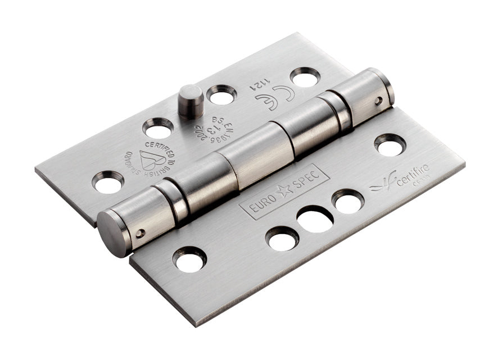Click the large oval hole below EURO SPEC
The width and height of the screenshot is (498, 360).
(315, 219)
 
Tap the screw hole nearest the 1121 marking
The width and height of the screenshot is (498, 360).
(305, 77)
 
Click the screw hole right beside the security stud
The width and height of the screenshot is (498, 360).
(221, 95)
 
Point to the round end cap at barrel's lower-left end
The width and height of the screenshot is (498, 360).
(113, 233)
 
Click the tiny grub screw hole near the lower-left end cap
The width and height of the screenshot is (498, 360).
(141, 232)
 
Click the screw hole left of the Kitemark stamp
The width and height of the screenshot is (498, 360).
(108, 182)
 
